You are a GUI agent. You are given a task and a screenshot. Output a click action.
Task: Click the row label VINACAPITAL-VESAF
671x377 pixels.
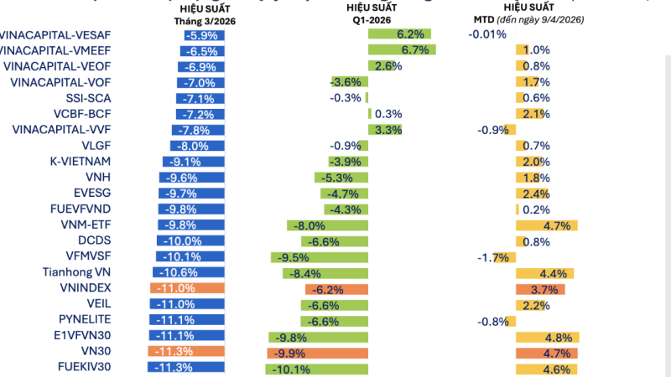pos(56,34)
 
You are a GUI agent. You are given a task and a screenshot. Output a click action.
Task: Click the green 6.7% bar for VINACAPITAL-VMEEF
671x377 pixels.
pos(400,50)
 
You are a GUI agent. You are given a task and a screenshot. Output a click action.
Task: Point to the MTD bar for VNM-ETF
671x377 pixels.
pos(544,225)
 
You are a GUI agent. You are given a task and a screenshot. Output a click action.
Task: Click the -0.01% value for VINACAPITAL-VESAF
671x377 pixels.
pos(487,34)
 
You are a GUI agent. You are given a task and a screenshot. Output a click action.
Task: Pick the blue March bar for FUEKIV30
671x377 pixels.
pos(185,367)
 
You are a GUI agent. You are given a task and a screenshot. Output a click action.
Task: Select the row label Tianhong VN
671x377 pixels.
pos(76,272)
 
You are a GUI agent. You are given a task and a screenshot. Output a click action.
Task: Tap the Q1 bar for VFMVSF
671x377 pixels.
pos(320,256)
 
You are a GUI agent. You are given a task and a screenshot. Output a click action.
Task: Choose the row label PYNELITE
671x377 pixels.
pos(86,319)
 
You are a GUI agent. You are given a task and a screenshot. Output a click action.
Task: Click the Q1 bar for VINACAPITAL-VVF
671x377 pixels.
pos(385,130)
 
